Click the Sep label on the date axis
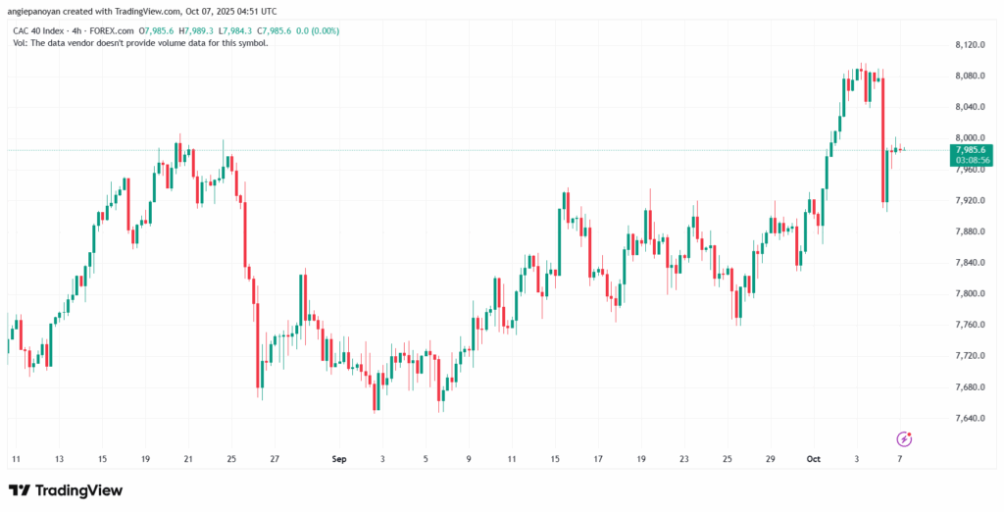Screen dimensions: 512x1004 point(339,458)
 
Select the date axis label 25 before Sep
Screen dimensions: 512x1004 point(231,458)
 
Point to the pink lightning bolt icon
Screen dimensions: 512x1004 point(904,438)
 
